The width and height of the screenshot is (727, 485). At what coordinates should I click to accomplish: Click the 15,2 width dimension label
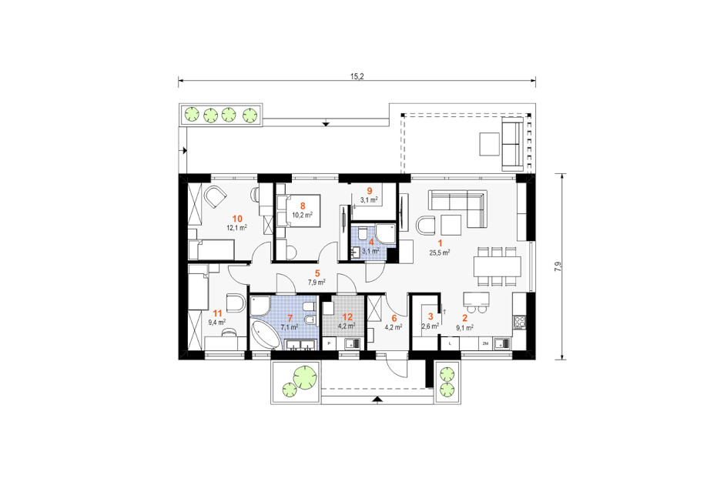coord(357,76)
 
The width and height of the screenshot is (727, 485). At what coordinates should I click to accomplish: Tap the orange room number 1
coord(440,242)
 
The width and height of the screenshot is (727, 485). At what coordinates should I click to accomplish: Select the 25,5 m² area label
coord(440,253)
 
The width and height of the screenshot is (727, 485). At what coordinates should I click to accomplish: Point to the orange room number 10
coord(237,219)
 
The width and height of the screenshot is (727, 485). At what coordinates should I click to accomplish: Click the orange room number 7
coord(290,318)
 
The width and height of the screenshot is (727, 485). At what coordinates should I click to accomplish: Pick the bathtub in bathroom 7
coord(266,335)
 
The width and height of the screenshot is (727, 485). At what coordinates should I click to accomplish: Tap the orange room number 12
coord(347,317)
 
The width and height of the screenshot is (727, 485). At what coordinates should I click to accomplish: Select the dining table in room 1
coord(497,266)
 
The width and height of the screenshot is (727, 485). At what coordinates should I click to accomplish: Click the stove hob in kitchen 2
coord(519,321)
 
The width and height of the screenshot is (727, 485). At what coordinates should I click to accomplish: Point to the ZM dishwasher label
coord(485,343)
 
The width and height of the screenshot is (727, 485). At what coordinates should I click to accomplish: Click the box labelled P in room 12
coord(329,343)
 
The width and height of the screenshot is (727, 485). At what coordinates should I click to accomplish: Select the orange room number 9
coord(370,191)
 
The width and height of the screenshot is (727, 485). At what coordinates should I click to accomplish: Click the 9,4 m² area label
coord(217,322)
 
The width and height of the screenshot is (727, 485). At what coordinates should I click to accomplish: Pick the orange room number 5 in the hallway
coord(317,273)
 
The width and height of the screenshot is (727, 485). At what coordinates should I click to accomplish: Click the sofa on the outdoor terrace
coord(513,143)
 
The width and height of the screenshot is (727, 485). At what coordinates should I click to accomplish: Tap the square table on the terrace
coord(489,144)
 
